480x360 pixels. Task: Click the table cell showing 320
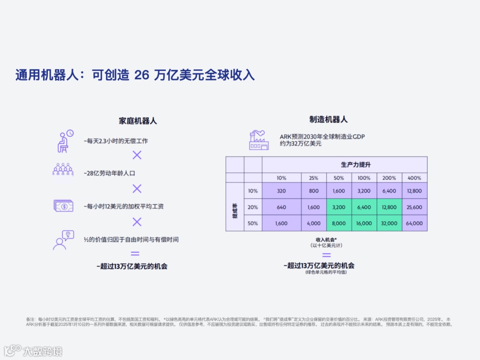[x=281, y=190]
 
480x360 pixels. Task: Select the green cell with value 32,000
[x=389, y=223]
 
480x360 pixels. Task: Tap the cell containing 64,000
[x=415, y=223]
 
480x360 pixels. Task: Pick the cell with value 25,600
[x=415, y=207]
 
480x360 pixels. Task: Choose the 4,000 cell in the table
[x=314, y=223]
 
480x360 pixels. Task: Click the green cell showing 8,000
[x=339, y=223]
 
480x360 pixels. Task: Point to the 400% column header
[x=415, y=178]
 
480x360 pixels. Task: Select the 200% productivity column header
[x=389, y=178]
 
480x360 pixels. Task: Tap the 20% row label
[x=253, y=207]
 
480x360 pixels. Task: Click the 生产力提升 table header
[x=356, y=164]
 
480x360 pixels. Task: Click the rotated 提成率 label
[x=235, y=207]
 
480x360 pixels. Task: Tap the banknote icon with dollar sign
[x=63, y=206]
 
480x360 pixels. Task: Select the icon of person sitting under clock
[x=65, y=141]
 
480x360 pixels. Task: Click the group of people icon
[x=63, y=169]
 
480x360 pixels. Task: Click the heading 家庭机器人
[x=138, y=121]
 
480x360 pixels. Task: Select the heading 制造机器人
[x=328, y=119]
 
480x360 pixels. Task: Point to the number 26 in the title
[x=141, y=75]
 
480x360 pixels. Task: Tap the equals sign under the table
[x=327, y=255]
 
